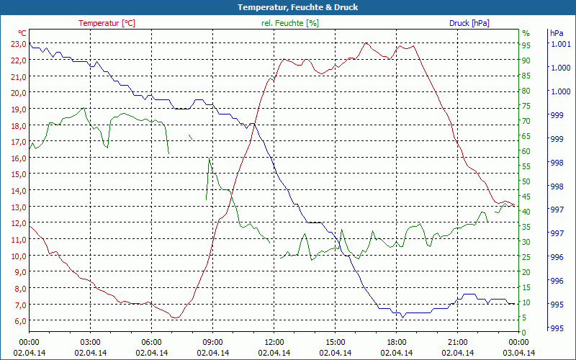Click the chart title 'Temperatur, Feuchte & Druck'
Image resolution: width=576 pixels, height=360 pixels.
click(288, 7)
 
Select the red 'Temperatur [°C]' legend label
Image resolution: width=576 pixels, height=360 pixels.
click(107, 23)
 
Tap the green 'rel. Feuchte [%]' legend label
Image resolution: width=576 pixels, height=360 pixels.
click(289, 23)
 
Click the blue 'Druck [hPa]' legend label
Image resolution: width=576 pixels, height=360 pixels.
click(469, 23)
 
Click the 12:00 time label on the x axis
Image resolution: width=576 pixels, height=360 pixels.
click(274, 341)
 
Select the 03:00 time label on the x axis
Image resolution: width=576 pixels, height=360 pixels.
click(90, 341)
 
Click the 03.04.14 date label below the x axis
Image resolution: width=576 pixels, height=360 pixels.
click(518, 353)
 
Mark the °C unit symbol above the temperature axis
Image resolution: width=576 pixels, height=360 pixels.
click(22, 33)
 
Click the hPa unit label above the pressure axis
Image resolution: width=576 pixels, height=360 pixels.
click(557, 33)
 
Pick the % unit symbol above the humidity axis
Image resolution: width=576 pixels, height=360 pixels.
click(526, 33)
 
